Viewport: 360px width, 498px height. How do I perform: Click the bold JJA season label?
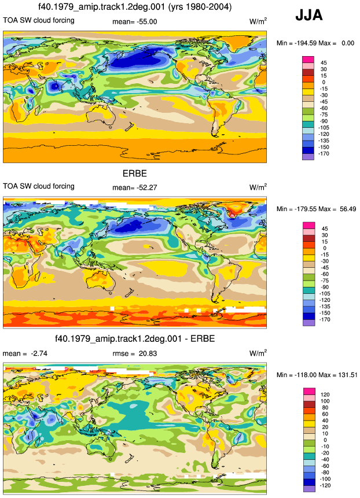(x=309, y=15)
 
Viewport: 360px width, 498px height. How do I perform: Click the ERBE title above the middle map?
(x=135, y=174)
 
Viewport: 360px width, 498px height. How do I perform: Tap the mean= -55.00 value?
(x=135, y=21)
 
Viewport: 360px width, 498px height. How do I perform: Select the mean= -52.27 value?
(x=135, y=187)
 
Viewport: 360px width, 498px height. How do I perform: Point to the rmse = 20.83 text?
(x=135, y=353)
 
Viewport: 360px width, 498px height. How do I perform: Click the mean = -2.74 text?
(x=25, y=353)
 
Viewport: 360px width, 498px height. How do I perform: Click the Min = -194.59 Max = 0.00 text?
(x=315, y=43)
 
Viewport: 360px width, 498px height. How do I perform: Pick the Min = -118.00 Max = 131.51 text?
(x=317, y=375)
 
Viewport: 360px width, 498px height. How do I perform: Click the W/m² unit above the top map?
(x=258, y=21)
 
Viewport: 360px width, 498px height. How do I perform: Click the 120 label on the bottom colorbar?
(x=325, y=394)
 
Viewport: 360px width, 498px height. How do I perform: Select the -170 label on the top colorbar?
(x=324, y=153)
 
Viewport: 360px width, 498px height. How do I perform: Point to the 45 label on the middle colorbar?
(x=325, y=228)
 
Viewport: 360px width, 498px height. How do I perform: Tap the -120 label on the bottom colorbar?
(x=325, y=485)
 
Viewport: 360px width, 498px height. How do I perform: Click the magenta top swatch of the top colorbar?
(x=308, y=60)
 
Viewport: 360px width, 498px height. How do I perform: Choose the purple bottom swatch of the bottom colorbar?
(x=309, y=489)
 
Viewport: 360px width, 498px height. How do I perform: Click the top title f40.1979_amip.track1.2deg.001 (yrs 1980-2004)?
(x=135, y=7)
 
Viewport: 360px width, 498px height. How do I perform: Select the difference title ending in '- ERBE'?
(x=135, y=338)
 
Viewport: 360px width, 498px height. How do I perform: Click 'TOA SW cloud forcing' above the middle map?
(x=39, y=186)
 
